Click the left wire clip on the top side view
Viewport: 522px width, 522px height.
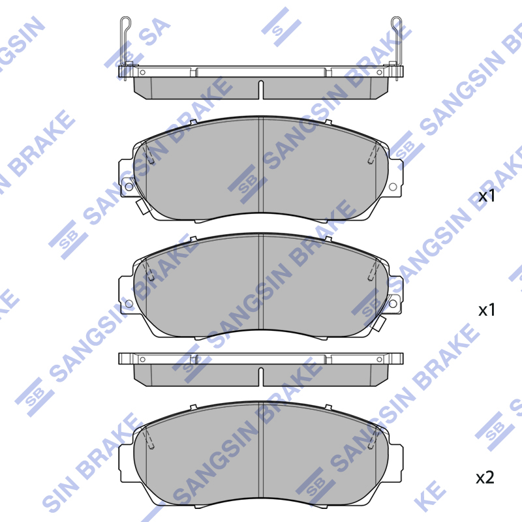(125, 46)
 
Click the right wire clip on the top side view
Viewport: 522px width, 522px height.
(397, 46)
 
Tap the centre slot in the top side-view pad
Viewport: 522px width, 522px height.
(260, 89)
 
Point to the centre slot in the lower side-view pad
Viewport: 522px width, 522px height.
(260, 377)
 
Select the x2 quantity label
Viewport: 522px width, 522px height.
(485, 478)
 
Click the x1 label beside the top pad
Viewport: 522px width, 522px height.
(487, 196)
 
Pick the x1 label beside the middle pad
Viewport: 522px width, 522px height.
(487, 310)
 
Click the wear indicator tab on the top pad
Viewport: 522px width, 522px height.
(143, 206)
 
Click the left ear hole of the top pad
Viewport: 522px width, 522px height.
(129, 187)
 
